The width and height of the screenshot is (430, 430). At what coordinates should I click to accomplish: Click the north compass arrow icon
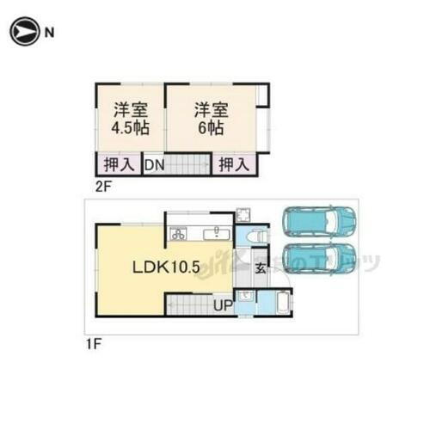coord(22,34)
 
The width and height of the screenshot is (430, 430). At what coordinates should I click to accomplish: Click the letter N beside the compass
coord(50,34)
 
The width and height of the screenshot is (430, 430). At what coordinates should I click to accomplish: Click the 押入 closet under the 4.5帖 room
coord(119,163)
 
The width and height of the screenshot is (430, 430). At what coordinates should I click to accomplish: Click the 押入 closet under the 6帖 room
coord(232,163)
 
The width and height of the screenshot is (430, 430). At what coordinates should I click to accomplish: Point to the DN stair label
coord(154,163)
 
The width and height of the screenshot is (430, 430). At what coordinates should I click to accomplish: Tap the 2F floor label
coord(103,183)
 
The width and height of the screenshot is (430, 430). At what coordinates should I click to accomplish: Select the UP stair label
coord(222,305)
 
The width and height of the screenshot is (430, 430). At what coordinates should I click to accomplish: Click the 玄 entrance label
coord(261,268)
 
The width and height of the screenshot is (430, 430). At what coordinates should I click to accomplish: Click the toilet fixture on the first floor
coord(257,235)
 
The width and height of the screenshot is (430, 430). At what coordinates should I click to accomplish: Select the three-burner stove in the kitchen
coord(179,233)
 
